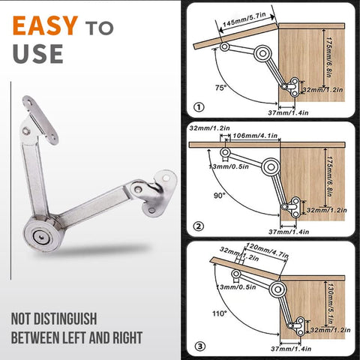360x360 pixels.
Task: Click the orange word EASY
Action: click(x=45, y=25)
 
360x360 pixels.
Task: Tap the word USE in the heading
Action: click(x=37, y=54)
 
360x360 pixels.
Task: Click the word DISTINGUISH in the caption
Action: click(x=65, y=319)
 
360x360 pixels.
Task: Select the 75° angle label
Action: click(x=220, y=88)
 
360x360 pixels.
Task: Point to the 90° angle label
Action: click(x=220, y=196)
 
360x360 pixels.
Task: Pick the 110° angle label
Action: click(x=220, y=313)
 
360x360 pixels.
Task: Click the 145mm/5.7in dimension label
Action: click(x=244, y=19)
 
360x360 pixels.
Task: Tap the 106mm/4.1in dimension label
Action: click(x=255, y=136)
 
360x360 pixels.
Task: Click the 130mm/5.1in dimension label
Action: click(x=331, y=303)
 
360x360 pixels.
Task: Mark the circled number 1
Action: click(x=199, y=107)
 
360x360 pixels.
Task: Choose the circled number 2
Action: click(x=199, y=226)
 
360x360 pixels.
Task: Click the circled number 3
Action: click(x=199, y=346)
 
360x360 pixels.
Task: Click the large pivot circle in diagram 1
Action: click(x=262, y=53)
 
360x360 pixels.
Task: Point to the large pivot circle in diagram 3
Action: click(x=277, y=289)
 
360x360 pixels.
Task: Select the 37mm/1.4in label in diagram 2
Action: click(x=289, y=232)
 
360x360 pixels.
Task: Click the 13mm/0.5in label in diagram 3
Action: click(x=236, y=286)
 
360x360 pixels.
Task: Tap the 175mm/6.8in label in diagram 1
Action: click(x=329, y=58)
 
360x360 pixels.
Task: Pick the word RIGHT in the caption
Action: click(x=127, y=337)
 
